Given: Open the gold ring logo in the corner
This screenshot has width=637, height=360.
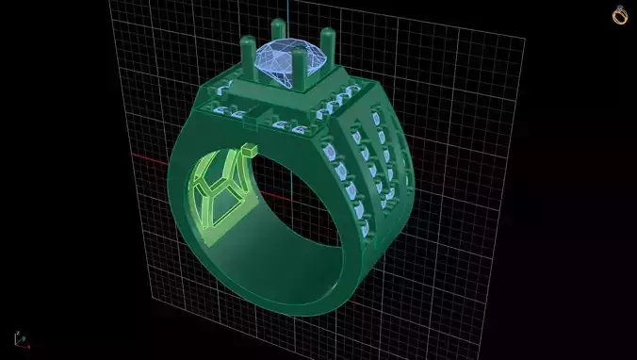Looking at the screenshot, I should [620, 15].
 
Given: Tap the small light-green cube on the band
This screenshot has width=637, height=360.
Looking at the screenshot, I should [249, 150].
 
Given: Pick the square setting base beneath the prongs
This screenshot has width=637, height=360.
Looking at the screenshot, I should [283, 94].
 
